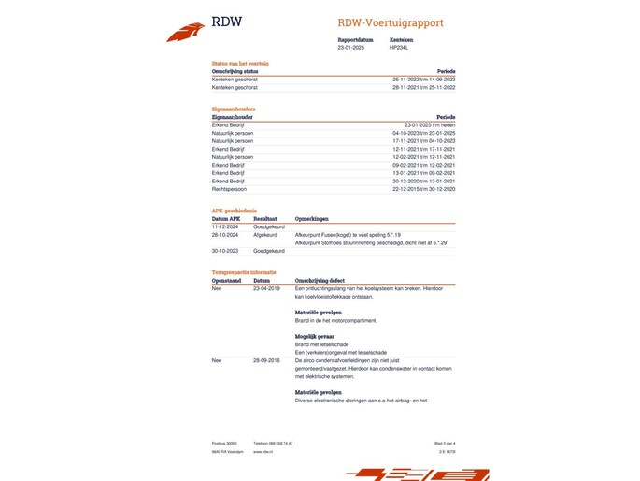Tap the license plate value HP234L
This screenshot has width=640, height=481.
(x=398, y=47)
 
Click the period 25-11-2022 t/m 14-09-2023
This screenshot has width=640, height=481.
(x=424, y=79)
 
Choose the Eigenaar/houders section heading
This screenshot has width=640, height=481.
(x=234, y=109)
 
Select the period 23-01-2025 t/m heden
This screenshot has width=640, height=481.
(x=431, y=124)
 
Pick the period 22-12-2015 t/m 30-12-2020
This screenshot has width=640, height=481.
(x=424, y=188)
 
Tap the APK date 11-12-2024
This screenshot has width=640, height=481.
(x=226, y=226)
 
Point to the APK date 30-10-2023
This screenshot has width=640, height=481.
(x=226, y=251)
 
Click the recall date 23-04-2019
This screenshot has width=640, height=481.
(x=266, y=288)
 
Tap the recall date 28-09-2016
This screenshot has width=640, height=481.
(x=266, y=360)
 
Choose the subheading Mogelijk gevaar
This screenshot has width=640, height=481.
(x=315, y=336)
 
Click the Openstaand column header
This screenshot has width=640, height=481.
(x=227, y=280)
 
